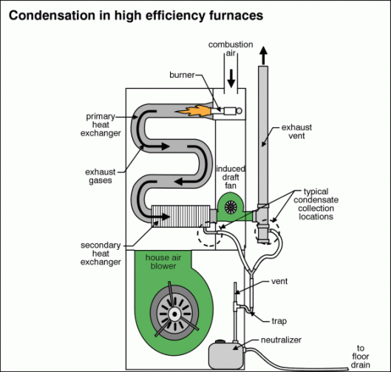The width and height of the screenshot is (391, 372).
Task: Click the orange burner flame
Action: pos(193,111)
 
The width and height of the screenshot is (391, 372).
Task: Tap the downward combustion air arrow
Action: pos(231,78)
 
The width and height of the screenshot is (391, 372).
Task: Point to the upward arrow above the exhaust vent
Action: pos(263,55)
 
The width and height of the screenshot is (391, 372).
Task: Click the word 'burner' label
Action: pos(182,75)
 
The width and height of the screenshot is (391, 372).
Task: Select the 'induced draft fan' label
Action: pos(231,177)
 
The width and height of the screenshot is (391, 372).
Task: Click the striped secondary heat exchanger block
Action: pos(180,216)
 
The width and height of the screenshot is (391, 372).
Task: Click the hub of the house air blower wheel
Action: pos(174,314)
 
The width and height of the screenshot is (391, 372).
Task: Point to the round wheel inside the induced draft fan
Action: pos(231,207)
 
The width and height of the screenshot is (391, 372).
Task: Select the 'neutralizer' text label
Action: pos(281,339)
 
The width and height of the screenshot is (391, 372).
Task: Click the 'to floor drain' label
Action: pos(361,356)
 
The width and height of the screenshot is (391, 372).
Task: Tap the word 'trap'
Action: pos(279,321)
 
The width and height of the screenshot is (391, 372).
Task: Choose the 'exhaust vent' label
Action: pos(296,132)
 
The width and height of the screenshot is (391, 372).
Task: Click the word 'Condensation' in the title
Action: pos(52,16)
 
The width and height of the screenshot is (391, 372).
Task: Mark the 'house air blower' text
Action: pos(163,262)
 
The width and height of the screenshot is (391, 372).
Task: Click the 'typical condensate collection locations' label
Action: pos(316,204)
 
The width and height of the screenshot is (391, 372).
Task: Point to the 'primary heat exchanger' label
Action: pos(101,125)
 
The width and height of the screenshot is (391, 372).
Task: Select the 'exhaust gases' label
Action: pos(101,176)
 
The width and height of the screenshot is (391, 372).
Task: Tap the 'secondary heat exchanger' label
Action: pos(101,254)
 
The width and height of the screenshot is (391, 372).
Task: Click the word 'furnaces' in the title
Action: pos(236,16)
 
